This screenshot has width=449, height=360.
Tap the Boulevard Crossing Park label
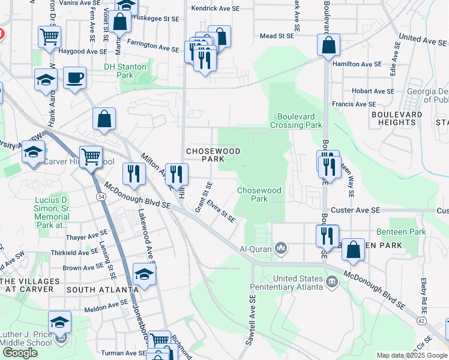300,121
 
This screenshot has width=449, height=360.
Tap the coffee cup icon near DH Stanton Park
74,78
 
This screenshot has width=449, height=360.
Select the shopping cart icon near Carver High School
91,158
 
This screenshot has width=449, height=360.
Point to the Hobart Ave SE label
373,91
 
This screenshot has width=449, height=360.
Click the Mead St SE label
277,36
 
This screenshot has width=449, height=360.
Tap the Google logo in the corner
19,353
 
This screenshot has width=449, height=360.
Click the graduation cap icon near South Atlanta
144,274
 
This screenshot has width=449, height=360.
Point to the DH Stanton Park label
125,71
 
